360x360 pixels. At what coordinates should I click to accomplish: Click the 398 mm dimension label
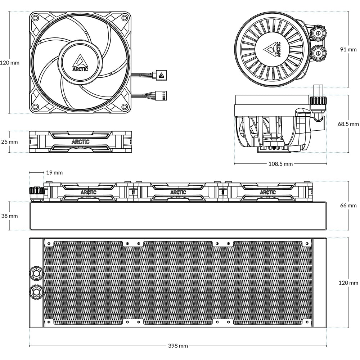[178, 346]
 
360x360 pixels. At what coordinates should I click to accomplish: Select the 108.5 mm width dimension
[281, 164]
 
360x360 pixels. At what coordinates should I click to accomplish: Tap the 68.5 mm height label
[348, 124]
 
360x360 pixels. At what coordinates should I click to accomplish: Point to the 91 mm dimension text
[348, 49]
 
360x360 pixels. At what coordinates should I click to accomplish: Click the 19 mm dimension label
[54, 172]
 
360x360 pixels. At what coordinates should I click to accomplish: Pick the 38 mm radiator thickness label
[9, 216]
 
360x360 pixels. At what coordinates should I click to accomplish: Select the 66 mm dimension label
[348, 205]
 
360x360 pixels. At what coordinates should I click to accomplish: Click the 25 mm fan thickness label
[9, 141]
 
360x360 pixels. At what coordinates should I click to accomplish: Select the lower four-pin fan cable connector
[161, 95]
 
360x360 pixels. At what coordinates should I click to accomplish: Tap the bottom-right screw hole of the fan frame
[125, 107]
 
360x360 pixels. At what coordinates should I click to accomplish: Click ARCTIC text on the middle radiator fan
[178, 192]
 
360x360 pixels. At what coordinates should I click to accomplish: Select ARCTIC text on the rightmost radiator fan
[268, 192]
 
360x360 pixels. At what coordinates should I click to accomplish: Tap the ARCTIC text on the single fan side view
[81, 142]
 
